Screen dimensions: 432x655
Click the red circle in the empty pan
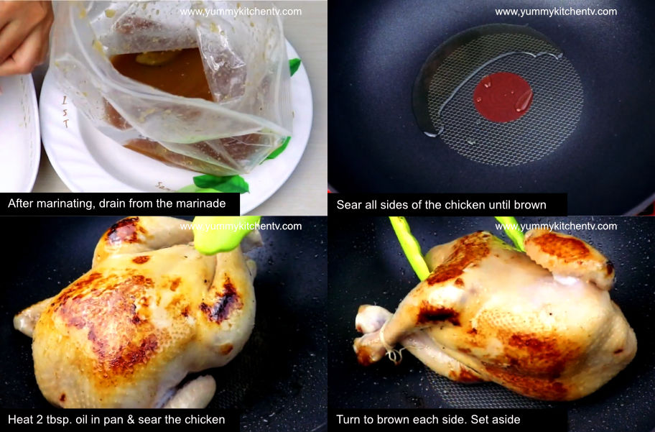(x=503, y=96)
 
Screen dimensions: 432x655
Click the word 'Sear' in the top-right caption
(x=348, y=205)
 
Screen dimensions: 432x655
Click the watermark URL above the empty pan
(x=555, y=12)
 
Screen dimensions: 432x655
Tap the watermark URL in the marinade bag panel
(x=241, y=12)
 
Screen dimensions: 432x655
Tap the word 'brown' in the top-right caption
(x=530, y=205)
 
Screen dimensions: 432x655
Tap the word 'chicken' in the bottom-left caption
(x=205, y=419)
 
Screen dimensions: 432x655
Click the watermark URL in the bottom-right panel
(x=555, y=226)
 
